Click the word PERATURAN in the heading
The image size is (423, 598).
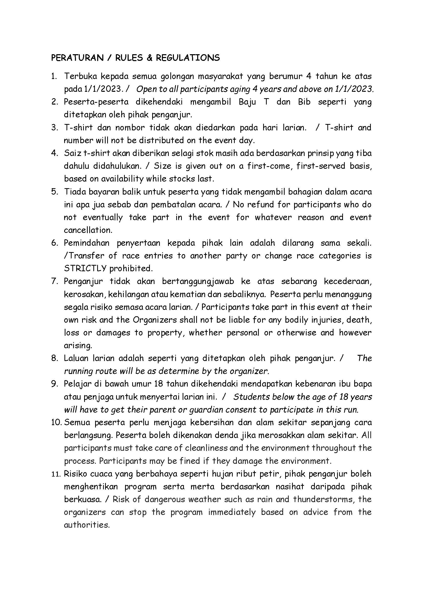77,58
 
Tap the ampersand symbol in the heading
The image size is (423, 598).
149,58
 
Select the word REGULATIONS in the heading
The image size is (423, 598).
188,58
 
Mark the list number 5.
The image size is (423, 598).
54,192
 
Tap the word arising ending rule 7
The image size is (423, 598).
78,346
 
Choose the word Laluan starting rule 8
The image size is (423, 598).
76,358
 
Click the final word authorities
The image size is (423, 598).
86,525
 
